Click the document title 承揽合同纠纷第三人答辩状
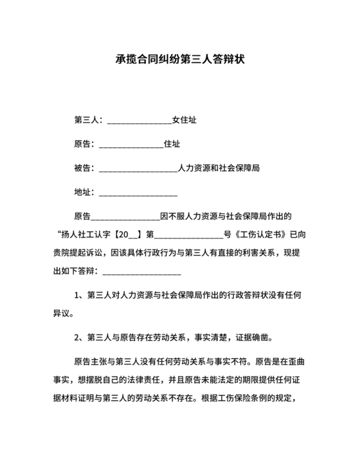pos(179,59)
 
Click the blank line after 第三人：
pos(139,120)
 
